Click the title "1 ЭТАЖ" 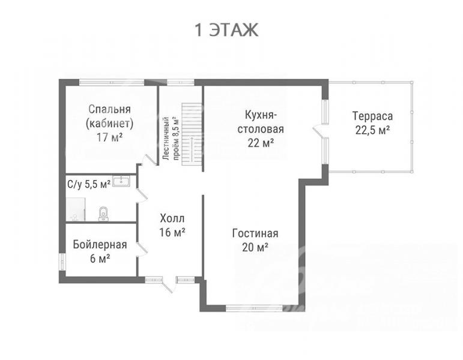coord(226,30)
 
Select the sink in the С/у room coord(121,181)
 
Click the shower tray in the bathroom coord(76,209)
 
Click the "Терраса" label coord(373,116)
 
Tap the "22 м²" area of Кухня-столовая coord(261,143)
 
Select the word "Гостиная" coord(255,233)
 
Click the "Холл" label coord(172,218)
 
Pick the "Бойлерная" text coord(100,245)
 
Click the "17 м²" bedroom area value coord(109,137)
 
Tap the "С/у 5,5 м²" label coord(89,184)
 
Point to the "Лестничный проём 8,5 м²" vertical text coord(171,139)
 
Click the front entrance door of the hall coord(167,285)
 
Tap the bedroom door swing coord(148,160)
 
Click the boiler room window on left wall coord(62,262)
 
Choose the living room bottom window coord(254,308)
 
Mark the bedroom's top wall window coord(112,82)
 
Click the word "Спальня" coord(109,109)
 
